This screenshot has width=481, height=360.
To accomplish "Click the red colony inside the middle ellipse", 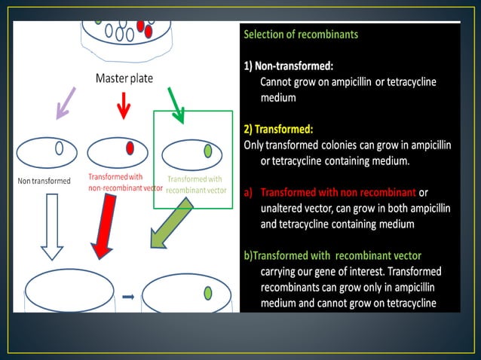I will (130, 148).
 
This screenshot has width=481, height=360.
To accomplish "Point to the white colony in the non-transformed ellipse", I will (58, 148).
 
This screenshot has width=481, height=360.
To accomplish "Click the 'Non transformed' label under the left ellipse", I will (44, 181).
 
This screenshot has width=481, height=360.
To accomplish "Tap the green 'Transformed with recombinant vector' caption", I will (196, 184).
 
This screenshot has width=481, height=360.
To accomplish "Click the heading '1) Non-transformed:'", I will (294, 66).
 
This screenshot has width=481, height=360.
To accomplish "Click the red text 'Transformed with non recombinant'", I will (339, 192).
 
